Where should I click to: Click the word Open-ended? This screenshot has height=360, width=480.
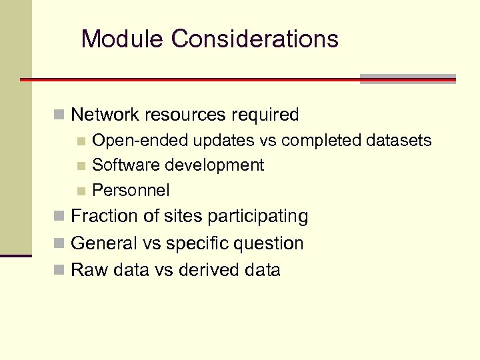pyautogui.click(x=141, y=141)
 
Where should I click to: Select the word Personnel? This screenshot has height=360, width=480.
pyautogui.click(x=131, y=190)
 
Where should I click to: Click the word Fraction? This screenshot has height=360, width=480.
pyautogui.click(x=103, y=216)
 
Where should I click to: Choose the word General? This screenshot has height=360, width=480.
pyautogui.click(x=101, y=243)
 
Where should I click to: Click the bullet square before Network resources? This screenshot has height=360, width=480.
pyautogui.click(x=60, y=115)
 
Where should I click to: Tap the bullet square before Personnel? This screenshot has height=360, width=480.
pyautogui.click(x=81, y=191)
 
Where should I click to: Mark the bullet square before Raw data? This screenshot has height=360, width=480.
pyautogui.click(x=60, y=271)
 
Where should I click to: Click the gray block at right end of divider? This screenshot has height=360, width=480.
pyautogui.click(x=407, y=79)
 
